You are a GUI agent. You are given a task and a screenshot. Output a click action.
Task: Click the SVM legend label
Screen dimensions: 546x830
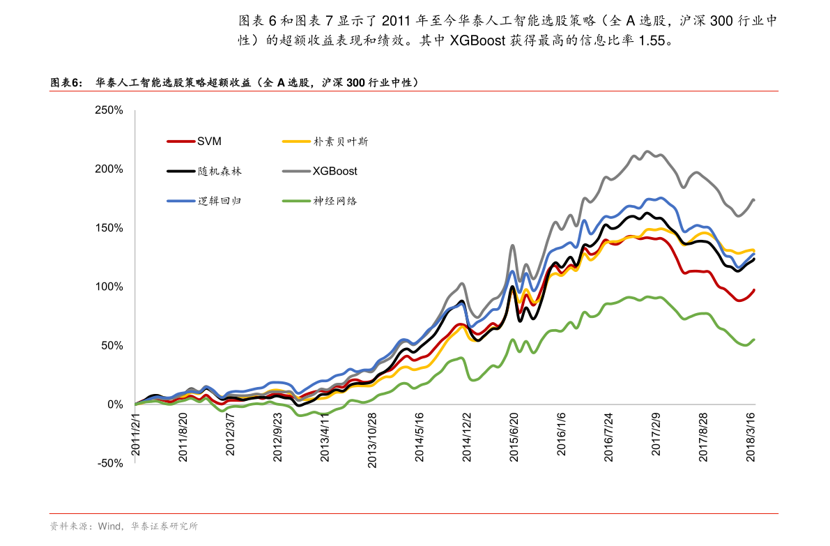click(209, 142)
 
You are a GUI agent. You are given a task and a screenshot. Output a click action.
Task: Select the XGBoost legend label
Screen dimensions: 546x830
click(335, 171)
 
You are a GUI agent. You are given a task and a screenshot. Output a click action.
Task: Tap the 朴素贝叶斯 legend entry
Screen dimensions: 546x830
click(340, 142)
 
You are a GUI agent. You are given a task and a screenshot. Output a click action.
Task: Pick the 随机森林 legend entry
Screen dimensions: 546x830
click(220, 171)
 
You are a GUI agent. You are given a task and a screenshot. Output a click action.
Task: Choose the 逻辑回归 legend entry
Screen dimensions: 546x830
click(220, 201)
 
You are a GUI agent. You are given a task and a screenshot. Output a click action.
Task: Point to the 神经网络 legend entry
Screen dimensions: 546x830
click(335, 201)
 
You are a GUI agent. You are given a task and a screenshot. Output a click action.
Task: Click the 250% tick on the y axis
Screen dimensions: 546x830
click(109, 110)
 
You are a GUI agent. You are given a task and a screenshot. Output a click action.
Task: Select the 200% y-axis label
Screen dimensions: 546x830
click(109, 169)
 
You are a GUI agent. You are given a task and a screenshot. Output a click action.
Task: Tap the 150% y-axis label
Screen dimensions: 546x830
click(109, 228)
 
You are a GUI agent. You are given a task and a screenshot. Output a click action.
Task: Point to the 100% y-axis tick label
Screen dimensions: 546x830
click(109, 287)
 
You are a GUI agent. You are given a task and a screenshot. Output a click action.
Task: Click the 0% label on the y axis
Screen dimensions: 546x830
click(114, 404)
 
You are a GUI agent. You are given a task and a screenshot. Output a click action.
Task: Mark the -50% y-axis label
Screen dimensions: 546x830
click(109, 463)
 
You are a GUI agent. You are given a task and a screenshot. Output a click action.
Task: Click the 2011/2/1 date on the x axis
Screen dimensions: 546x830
click(137, 434)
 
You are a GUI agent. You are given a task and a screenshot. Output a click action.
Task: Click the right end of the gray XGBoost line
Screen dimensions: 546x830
click(753, 200)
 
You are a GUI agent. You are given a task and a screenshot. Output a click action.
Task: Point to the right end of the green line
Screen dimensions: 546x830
click(753, 340)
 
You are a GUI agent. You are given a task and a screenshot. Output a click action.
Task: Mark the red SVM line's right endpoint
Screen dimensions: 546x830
click(753, 290)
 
